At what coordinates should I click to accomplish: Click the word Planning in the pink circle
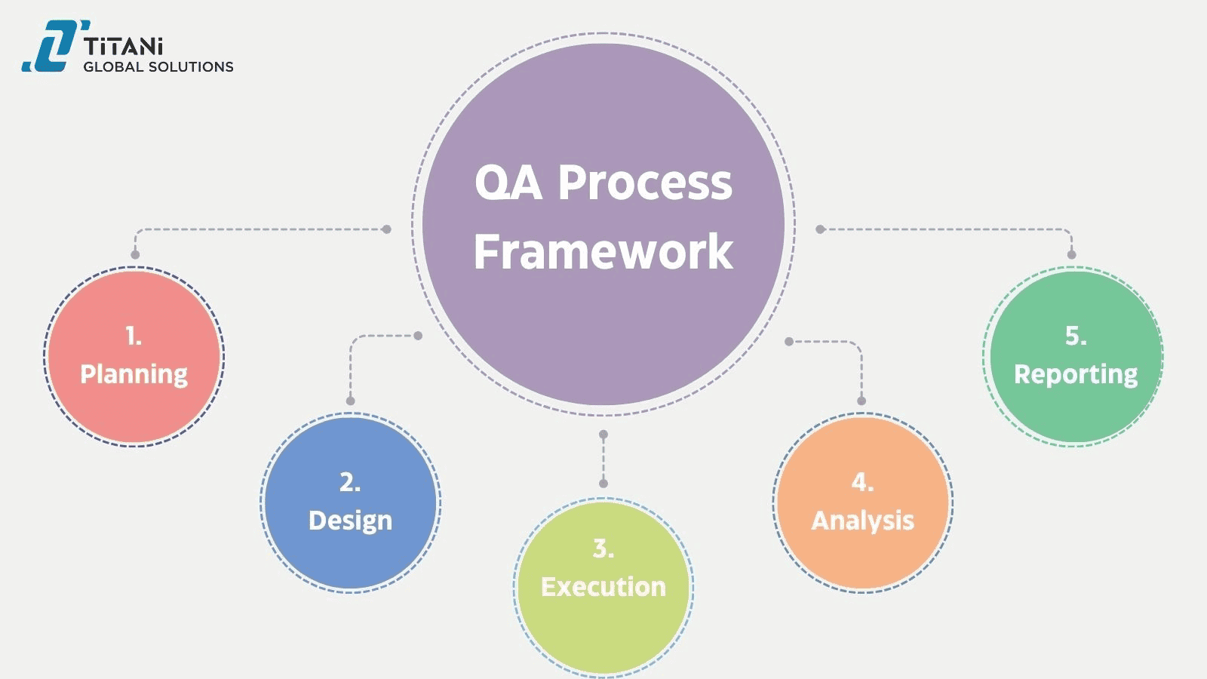pos(134,374)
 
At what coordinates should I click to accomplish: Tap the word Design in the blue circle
pos(350,521)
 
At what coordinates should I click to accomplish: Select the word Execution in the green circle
pos(603,587)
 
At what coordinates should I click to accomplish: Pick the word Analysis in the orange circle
pos(862,521)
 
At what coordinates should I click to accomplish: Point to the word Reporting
pos(1075,374)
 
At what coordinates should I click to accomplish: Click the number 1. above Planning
pos(134,336)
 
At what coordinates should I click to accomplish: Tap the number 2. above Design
pos(350,482)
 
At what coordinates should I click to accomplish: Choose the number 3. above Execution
pos(603,548)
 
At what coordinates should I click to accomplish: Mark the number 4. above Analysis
pos(862,482)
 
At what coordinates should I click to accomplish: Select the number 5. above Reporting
pos(1076,336)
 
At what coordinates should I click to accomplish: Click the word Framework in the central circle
pos(603,251)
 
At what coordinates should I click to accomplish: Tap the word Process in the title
pos(645,183)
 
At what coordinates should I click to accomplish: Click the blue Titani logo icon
pos(51,47)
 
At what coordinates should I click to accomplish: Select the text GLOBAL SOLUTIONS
pos(158,67)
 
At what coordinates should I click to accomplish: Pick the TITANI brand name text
pos(124,47)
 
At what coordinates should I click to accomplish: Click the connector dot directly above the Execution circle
pos(603,483)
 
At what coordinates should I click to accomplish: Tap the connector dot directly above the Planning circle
pos(135,254)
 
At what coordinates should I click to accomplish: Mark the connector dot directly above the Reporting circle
pos(1072,254)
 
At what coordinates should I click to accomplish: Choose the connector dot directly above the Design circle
pos(350,401)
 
